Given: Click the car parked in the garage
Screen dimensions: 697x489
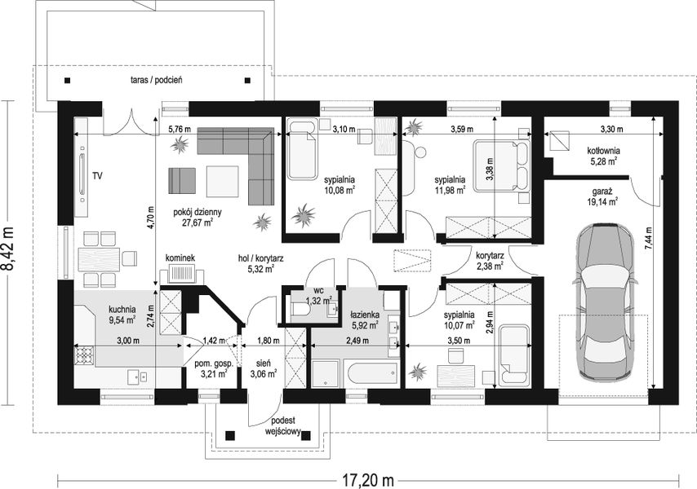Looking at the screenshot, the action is coord(605,302).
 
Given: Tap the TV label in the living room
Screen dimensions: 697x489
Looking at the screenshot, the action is coord(97,176).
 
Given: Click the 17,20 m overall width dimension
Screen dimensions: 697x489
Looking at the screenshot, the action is coord(368,480).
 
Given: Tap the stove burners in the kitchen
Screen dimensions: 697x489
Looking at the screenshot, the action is coord(84,355).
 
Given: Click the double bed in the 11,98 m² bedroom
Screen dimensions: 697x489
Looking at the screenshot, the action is coord(501,166).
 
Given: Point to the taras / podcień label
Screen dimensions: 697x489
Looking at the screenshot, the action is coord(157,81).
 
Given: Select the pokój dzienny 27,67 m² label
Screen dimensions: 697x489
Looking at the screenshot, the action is coord(198,218).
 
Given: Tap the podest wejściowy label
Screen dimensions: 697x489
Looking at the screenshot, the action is coord(283,425).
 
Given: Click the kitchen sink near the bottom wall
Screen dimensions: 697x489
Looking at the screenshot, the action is coord(138,377).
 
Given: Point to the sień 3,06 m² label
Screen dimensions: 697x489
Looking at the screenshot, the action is coord(264,368).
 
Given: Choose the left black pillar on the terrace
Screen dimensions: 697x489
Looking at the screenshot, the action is coord(67,81).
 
